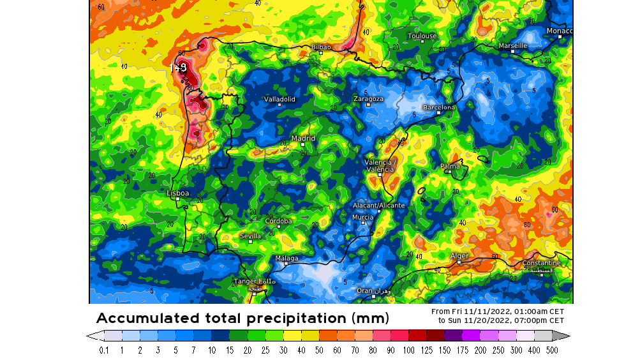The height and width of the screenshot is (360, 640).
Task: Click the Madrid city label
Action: [303, 138]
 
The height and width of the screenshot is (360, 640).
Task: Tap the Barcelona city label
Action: [439, 107]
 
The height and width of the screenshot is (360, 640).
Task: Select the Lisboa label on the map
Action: [177, 193]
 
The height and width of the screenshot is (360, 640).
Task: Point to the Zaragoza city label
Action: [368, 99]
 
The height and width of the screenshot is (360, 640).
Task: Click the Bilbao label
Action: [321, 47]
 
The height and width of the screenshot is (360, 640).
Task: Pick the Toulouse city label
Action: [422, 36]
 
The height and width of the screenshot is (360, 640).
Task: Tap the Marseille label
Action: [512, 46]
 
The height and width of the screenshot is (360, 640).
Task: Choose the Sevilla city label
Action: [250, 236]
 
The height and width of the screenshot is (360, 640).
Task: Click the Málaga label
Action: [287, 258]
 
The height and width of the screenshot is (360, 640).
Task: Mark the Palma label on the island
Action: [450, 166]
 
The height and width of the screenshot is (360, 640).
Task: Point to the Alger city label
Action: [459, 256]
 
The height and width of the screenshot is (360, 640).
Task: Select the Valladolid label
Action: [279, 99]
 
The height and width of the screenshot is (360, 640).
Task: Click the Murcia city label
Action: [362, 218]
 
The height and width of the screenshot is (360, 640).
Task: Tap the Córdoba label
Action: [278, 221]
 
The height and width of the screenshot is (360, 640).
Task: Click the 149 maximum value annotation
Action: [178, 66]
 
